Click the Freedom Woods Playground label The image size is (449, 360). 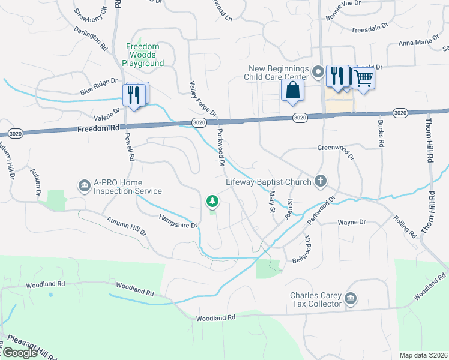tap(143, 55)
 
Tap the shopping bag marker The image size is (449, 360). tap(292, 90)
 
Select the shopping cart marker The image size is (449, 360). tap(363, 78)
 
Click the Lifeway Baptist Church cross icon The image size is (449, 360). tap(321, 181)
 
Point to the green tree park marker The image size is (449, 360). tap(211, 201)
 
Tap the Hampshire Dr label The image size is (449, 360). tap(178, 221)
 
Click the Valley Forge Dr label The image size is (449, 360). tap(203, 99)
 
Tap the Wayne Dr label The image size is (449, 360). tap(352, 223)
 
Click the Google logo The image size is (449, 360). tap(20, 353)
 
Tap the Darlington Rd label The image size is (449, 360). tap(91, 38)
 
